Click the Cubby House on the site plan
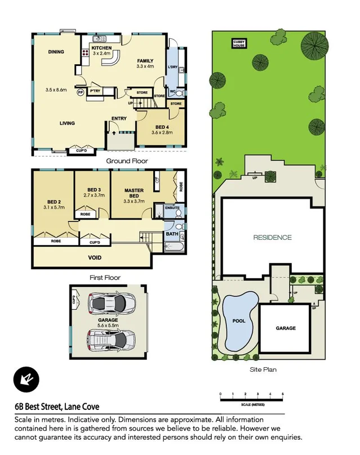point(239,43)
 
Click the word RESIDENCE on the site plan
point(272,237)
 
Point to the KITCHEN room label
point(102,48)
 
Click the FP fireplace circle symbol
point(80,92)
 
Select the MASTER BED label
point(134,194)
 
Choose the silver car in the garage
point(111,339)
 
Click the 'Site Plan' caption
point(263,370)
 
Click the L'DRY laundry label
point(173,68)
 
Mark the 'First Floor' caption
point(105,278)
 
